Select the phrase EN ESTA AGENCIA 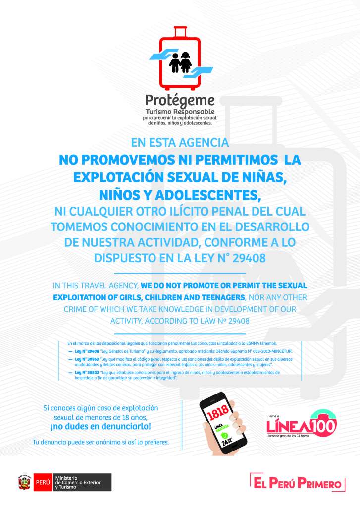click(180, 143)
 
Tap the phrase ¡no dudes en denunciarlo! click(101, 426)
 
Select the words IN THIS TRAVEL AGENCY click(96, 286)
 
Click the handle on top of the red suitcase click(180, 31)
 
